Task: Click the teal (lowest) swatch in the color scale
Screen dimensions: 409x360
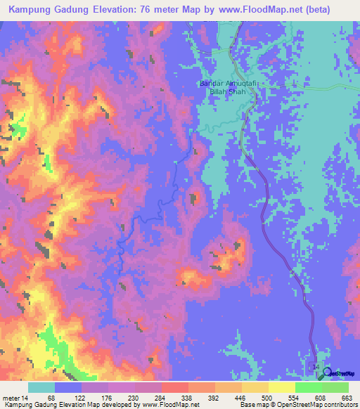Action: pyautogui.click(x=41, y=387)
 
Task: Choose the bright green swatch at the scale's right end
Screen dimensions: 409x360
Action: pyautogui.click(x=335, y=387)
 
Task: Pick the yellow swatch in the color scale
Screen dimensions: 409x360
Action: pyautogui.click(x=281, y=387)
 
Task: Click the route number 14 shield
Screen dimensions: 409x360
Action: pyautogui.click(x=314, y=368)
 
